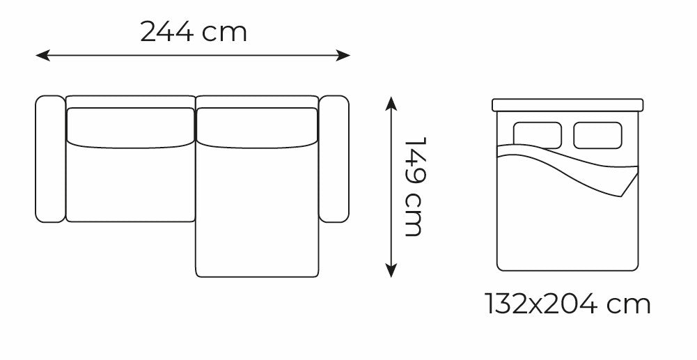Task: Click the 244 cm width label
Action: coord(194,32)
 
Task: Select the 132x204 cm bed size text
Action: coord(567,304)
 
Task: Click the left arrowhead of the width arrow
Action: coord(42,56)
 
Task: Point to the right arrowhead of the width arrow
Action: coord(343,56)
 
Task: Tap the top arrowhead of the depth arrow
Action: coord(391,103)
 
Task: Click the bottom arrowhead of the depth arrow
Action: coord(391,270)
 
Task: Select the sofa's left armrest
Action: coord(50,159)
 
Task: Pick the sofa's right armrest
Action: coord(334,159)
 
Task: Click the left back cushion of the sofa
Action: coord(130,127)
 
